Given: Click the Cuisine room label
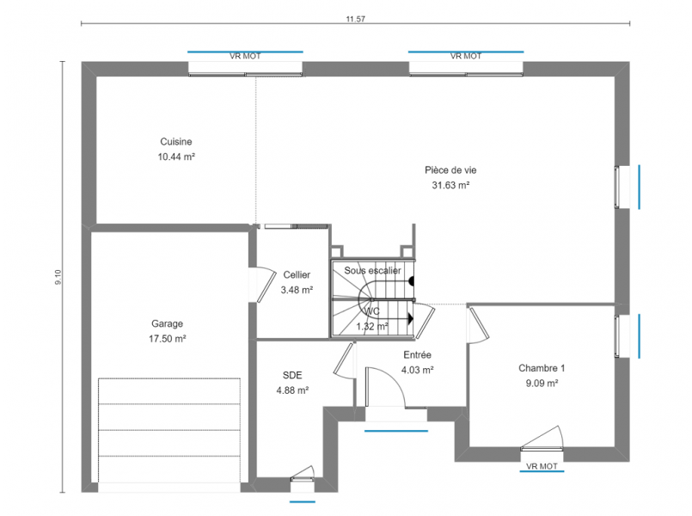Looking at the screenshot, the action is tap(176, 142).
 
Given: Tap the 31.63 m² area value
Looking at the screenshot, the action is tap(450, 186).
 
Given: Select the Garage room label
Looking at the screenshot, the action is tap(167, 323).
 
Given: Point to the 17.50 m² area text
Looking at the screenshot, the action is tap(168, 339).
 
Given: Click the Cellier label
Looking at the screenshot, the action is tap(297, 275).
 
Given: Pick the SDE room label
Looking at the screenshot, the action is tap(292, 375).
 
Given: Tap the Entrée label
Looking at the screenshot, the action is tap(417, 355).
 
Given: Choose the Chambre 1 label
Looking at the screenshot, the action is tap(542, 368).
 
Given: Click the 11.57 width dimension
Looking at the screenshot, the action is tap(355, 19).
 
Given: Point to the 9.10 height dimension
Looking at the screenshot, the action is tap(58, 277).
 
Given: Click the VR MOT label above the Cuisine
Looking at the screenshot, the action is tap(245, 56).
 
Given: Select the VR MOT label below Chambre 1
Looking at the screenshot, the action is tap(542, 466).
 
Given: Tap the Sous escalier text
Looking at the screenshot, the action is tap(372, 271).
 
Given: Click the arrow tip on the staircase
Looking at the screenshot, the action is tap(413, 318).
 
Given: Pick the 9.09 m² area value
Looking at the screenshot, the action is tap(542, 384).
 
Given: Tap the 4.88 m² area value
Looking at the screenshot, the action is tap(292, 390).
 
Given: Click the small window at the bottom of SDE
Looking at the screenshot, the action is tap(303, 479).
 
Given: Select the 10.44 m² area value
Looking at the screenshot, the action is tap(176, 157).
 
